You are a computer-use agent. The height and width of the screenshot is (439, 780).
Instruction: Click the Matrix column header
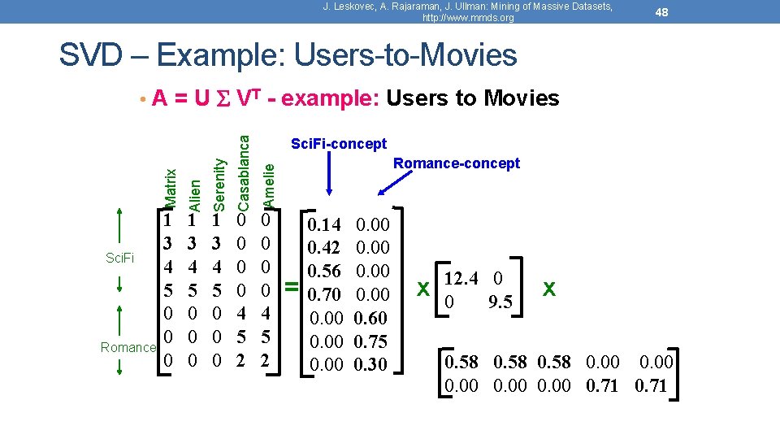[x=169, y=188]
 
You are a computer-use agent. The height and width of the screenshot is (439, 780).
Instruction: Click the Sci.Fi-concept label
[x=339, y=144]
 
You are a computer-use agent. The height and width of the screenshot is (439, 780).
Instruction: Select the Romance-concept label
[x=456, y=163]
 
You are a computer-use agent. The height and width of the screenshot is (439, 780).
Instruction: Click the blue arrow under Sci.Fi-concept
[x=330, y=175]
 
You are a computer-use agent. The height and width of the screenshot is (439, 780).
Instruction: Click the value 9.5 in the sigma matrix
[x=500, y=302]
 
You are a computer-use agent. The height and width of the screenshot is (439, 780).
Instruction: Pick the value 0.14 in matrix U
[x=329, y=224]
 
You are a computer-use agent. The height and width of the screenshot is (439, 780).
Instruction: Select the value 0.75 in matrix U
[x=371, y=341]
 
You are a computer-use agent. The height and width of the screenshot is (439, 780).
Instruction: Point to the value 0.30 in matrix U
[x=371, y=365]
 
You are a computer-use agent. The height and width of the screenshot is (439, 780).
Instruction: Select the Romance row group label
[x=128, y=347]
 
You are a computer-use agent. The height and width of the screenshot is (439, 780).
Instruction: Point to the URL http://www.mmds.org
[x=469, y=17]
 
